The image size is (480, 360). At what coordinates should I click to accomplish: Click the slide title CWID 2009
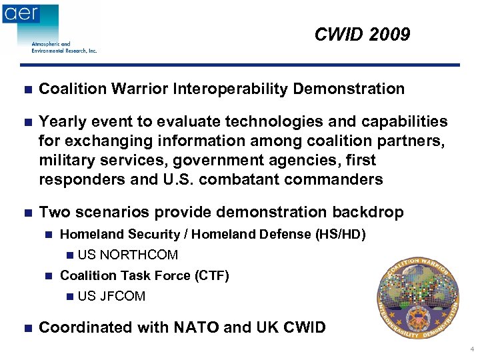pyautogui.click(x=362, y=35)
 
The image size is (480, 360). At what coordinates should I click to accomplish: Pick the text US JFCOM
pyautogui.click(x=111, y=296)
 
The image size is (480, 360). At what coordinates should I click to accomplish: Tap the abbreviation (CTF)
pyautogui.click(x=211, y=275)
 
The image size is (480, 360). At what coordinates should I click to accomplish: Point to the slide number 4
pyautogui.click(x=471, y=349)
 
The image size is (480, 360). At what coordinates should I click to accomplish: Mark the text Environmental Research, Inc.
pyautogui.click(x=64, y=51)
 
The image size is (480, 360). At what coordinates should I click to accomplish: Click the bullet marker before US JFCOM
pyautogui.click(x=71, y=297)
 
